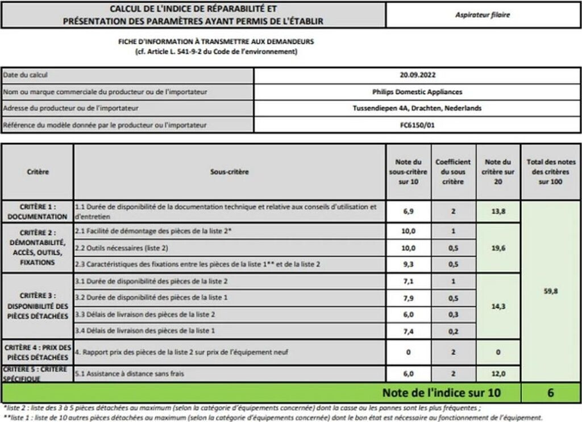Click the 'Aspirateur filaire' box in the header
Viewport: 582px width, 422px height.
[483, 15]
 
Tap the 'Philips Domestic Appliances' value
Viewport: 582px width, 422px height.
[417, 91]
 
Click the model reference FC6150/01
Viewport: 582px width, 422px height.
[417, 124]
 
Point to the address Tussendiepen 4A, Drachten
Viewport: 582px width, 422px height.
[417, 108]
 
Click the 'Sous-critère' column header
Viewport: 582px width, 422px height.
[230, 171]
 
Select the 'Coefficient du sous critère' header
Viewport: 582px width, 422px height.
[452, 172]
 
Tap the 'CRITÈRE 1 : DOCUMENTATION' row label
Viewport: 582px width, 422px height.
[38, 212]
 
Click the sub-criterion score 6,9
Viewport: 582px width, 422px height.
[408, 211]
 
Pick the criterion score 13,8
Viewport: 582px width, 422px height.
[498, 211]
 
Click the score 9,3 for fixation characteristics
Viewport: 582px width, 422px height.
[408, 264]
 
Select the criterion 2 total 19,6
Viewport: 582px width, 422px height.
[498, 248]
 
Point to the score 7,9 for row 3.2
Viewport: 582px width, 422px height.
[408, 298]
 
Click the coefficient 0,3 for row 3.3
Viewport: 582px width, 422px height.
[452, 314]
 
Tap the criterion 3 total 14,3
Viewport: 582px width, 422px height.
[498, 306]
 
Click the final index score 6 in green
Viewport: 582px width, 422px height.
[550, 392]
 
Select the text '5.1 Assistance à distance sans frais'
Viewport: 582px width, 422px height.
[130, 373]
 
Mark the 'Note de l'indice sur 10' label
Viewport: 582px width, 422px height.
[442, 392]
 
